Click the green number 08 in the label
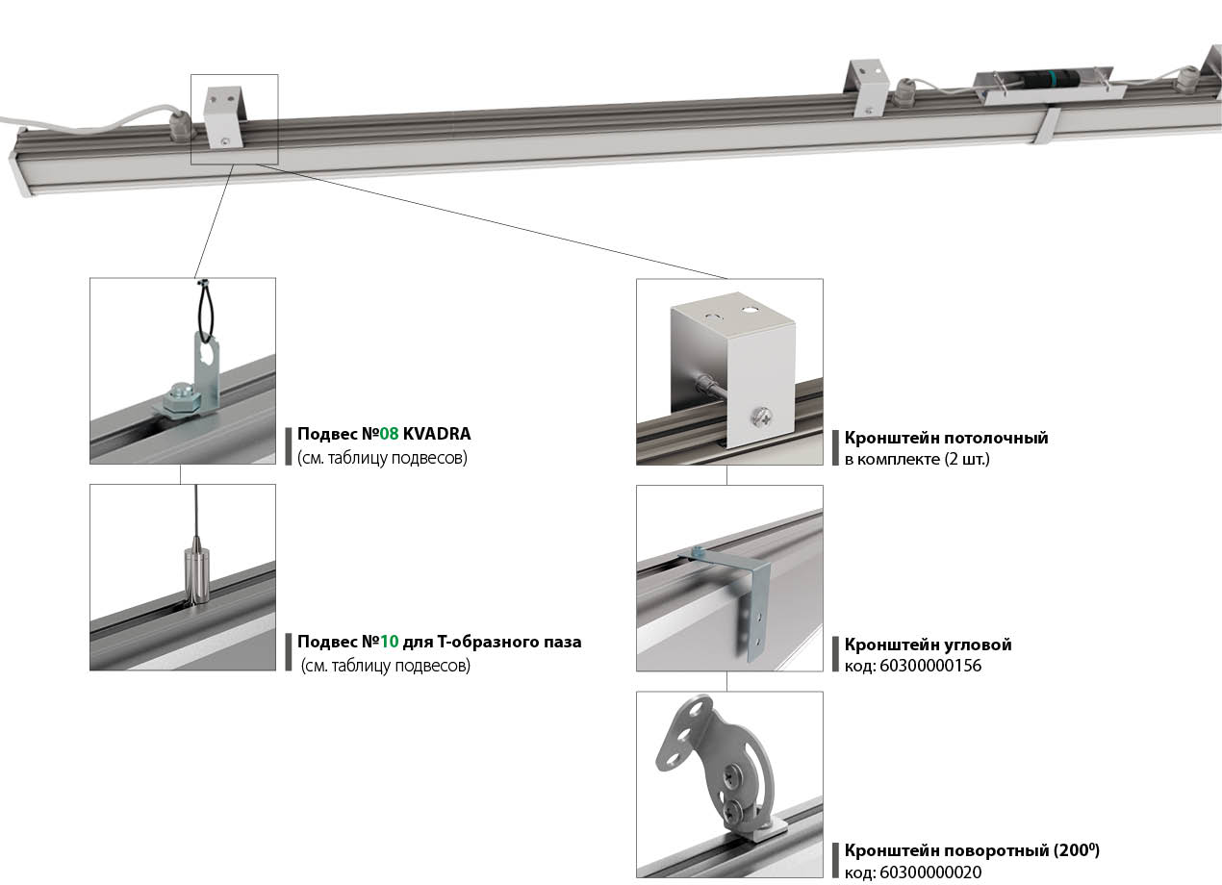coord(389,434)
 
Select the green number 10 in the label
coord(389,642)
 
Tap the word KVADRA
coord(437,434)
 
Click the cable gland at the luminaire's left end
coord(178,125)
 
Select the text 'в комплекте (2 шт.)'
coord(916,459)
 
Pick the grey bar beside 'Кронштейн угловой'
coord(835,654)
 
